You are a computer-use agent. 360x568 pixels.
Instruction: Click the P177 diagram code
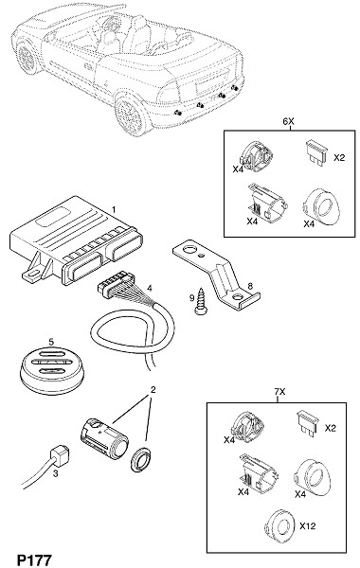pyautogui.click(x=35, y=559)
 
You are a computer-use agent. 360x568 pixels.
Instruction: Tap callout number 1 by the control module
pyautogui.click(x=114, y=209)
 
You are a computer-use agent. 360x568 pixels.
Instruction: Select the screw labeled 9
pyautogui.click(x=199, y=301)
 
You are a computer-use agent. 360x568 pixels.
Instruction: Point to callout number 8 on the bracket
pyautogui.click(x=250, y=286)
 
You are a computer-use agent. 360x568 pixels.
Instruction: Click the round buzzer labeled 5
pyautogui.click(x=51, y=369)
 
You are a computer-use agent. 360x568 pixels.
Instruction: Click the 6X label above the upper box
pyautogui.click(x=288, y=122)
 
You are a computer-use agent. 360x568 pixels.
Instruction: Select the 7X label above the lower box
pyautogui.click(x=279, y=392)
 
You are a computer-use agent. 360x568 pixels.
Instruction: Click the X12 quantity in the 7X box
pyautogui.click(x=308, y=525)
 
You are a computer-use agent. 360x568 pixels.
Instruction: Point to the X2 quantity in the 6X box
pyautogui.click(x=339, y=158)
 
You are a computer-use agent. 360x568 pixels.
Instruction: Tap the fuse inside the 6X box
pyautogui.click(x=316, y=152)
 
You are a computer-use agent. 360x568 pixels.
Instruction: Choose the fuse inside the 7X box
pyautogui.click(x=307, y=422)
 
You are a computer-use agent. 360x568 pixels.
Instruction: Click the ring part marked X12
pyautogui.click(x=279, y=525)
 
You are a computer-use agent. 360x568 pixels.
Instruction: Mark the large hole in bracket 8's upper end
pyautogui.click(x=189, y=250)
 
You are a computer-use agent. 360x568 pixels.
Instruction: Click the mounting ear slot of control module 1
pyautogui.click(x=31, y=273)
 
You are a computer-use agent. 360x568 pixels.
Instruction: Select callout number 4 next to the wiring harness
pyautogui.click(x=150, y=289)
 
